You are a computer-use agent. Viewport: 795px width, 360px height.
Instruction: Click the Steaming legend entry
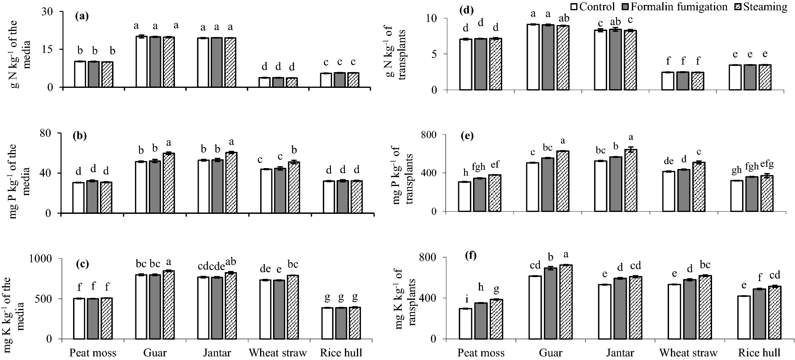click(765, 7)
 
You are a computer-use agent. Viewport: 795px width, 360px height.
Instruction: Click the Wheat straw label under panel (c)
click(278, 352)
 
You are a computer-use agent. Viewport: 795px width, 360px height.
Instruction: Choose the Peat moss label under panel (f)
click(480, 352)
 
